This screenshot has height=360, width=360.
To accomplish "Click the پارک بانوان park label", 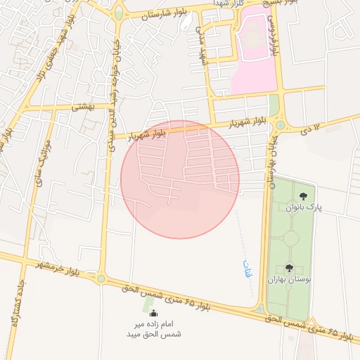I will click(x=302, y=207).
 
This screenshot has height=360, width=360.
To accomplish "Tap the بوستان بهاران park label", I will click(x=289, y=279).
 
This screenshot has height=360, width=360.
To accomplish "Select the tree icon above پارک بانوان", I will click(x=303, y=196).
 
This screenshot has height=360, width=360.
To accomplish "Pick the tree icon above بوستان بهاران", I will click(x=289, y=268).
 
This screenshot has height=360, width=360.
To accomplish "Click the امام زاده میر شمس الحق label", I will click(x=154, y=329).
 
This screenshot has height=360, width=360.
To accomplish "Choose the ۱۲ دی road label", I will click(x=309, y=129).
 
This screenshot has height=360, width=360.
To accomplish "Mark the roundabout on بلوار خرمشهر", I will click(x=101, y=278).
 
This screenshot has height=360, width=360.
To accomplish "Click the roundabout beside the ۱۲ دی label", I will click(x=281, y=125).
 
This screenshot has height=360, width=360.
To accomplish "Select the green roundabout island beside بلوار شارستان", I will click(x=118, y=13).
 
